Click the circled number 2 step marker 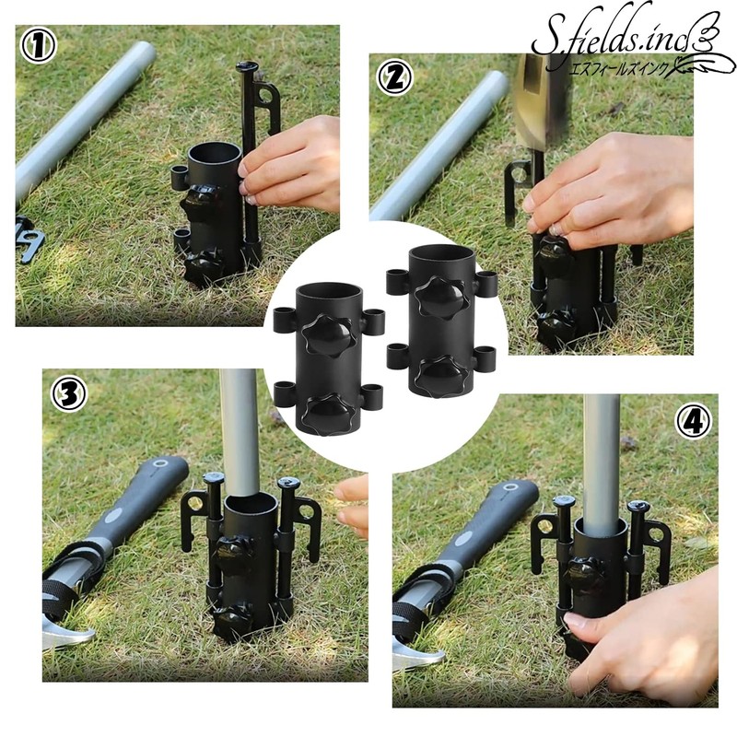coord(393,78)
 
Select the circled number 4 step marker coord(694,421)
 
